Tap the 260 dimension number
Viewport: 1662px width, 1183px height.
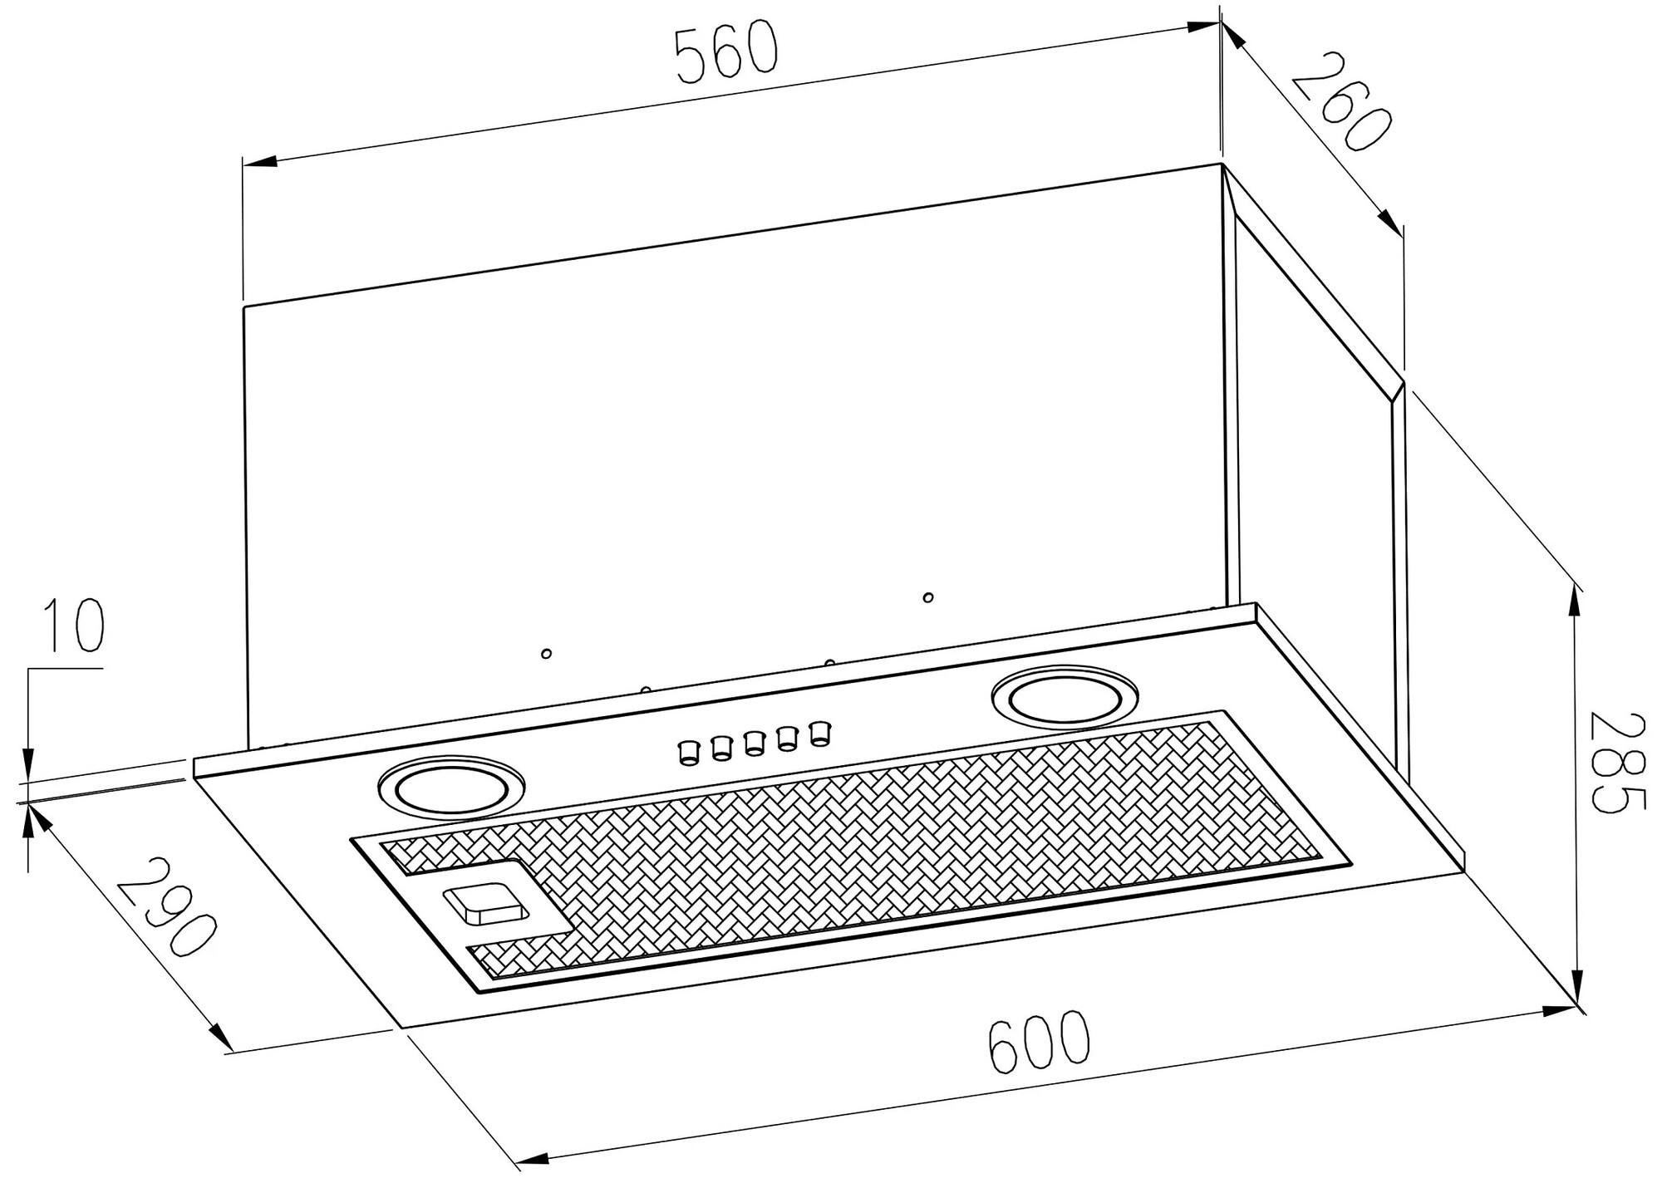pyautogui.click(x=1340, y=101)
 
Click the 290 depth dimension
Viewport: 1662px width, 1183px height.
pyautogui.click(x=166, y=906)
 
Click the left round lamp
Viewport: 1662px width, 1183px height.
pyautogui.click(x=451, y=783)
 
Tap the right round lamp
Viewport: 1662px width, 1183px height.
pyautogui.click(x=1065, y=694)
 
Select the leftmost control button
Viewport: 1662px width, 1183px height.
pyautogui.click(x=689, y=752)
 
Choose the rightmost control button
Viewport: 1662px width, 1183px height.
pyautogui.click(x=820, y=733)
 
